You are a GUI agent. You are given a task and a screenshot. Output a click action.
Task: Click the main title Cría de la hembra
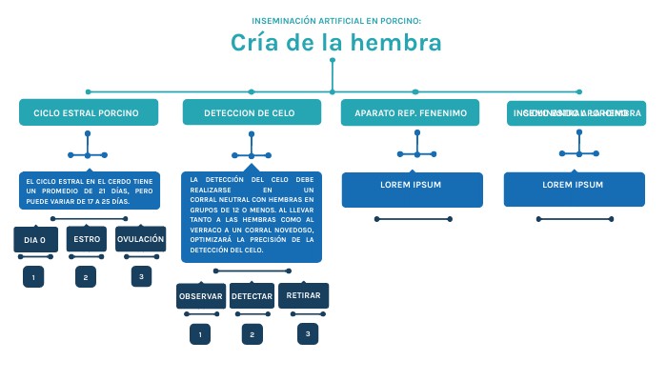335,43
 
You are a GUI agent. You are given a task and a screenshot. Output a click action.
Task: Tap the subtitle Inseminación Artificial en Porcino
335,20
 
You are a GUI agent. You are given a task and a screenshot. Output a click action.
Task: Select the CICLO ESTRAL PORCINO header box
87,112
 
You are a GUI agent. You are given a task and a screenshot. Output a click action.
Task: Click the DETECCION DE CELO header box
252,112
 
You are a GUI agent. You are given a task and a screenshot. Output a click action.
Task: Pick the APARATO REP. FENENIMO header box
411,112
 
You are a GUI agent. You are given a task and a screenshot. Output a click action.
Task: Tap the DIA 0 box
35,240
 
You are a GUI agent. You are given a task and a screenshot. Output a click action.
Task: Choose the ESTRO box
87,239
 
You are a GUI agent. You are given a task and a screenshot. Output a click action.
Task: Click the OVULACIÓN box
140,239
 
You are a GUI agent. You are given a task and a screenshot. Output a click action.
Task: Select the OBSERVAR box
200,296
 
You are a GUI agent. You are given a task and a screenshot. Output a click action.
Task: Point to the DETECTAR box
252,296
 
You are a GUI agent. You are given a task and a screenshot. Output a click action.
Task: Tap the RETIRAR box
304,295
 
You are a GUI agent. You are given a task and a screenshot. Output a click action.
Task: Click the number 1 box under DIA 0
33,277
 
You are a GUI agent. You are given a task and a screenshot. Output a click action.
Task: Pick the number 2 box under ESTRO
86,277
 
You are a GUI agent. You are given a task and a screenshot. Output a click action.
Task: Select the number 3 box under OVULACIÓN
141,276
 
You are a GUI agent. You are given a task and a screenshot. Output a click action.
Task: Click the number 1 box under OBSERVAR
199,334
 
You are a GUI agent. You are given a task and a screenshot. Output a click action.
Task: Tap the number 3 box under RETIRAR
307,333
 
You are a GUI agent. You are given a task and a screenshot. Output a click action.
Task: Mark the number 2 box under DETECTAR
252,334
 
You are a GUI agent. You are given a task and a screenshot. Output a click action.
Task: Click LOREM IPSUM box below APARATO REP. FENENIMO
411,189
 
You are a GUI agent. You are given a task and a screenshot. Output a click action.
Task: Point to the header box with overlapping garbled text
576,112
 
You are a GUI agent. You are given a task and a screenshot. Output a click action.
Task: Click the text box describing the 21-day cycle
89,190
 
